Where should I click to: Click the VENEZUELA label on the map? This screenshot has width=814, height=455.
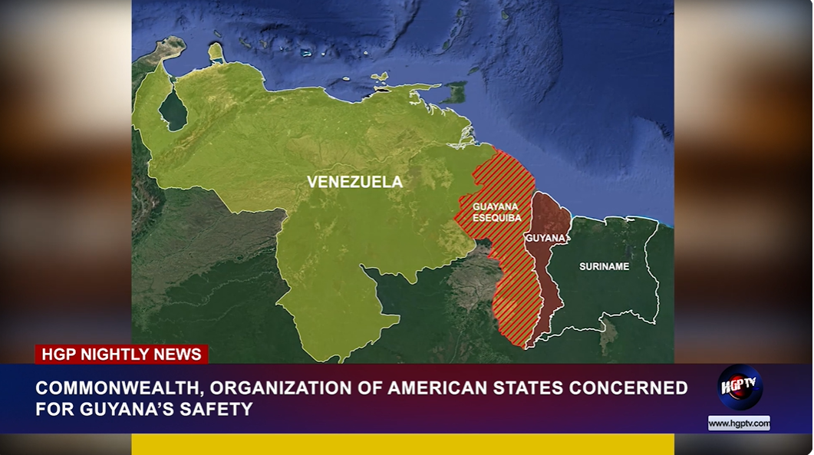point(354,182)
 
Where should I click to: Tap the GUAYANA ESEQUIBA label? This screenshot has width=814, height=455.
point(496,213)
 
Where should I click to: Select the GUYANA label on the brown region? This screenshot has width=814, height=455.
point(545,239)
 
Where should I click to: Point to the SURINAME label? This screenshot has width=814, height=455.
point(604,266)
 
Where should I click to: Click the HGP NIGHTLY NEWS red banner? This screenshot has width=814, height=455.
point(121,354)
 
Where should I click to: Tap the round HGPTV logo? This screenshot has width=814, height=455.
point(740,387)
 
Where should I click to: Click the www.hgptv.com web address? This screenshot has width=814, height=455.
point(739,423)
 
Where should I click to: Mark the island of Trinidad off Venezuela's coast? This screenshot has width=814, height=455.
point(456,93)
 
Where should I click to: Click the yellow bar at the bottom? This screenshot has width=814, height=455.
point(402,444)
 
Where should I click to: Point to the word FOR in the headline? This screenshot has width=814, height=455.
point(55,409)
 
